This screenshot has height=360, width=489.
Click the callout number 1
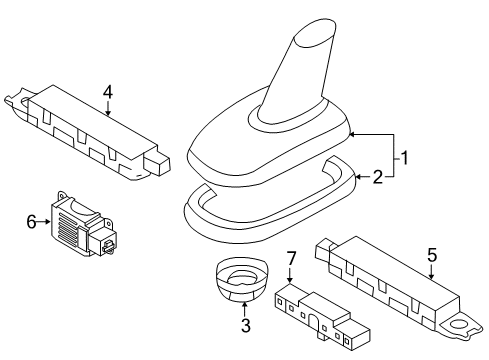click(404, 158)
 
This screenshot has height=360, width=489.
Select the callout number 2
click(378, 177)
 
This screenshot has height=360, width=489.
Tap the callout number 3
click(246, 325)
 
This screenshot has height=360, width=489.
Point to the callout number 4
click(108, 92)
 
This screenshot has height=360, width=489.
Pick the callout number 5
click(432, 255)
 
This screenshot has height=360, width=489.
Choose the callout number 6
click(31, 222)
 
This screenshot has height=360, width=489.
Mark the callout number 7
click(291, 259)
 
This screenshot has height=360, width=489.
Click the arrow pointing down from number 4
click(108, 108)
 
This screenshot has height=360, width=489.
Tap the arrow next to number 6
click(43, 221)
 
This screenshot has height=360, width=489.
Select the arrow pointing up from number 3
click(245, 309)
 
